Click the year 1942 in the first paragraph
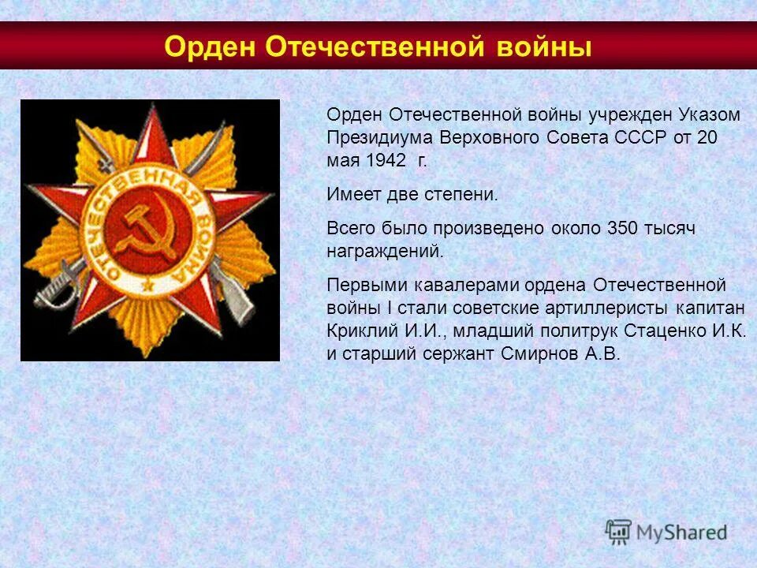click(x=386, y=160)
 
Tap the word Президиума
click(x=372, y=137)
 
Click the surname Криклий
click(x=356, y=330)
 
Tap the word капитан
click(x=714, y=307)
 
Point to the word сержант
click(x=458, y=353)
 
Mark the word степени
click(x=461, y=195)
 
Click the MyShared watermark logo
click(x=666, y=532)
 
